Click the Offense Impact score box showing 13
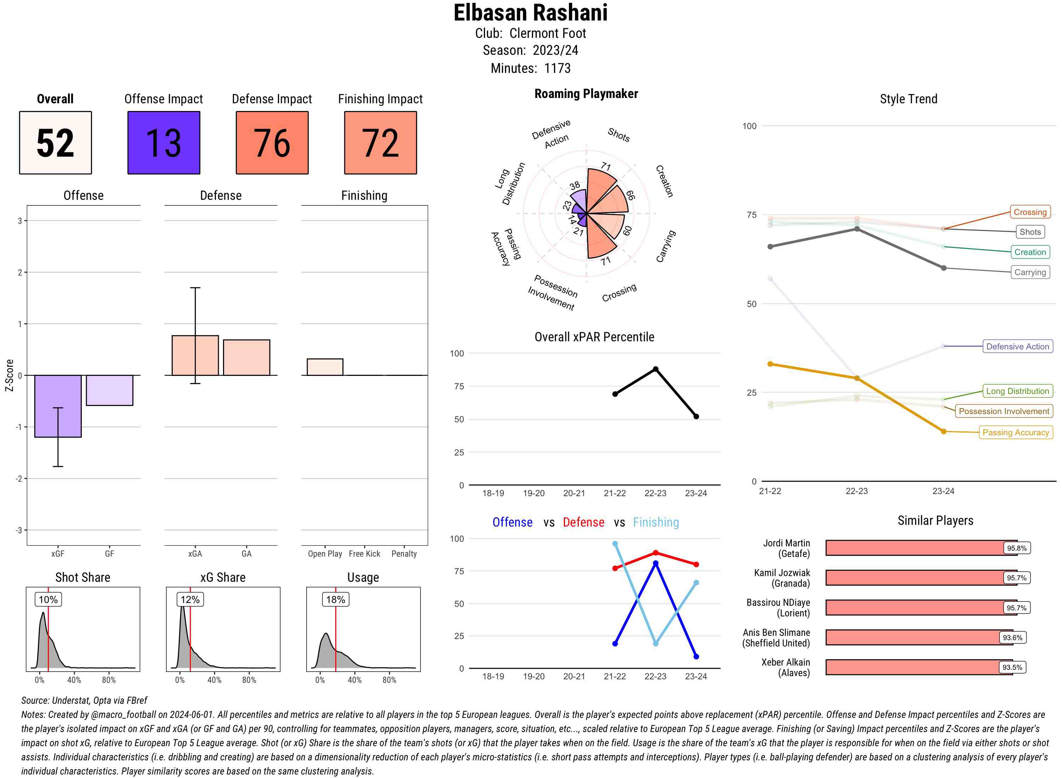164,143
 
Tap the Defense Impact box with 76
272,143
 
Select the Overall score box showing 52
55,143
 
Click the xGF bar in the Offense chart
58,406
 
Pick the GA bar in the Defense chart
246,358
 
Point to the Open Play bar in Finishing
325,367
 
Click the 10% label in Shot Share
48,599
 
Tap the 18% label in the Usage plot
336,599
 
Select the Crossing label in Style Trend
1029,212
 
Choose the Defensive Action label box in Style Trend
1017,347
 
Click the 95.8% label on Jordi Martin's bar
1016,548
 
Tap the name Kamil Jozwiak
782,573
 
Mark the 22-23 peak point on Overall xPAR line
655,369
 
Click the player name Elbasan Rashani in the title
530,13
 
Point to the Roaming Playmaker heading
586,94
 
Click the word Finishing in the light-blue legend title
656,522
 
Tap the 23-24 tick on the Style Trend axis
943,491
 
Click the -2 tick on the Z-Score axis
19,478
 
